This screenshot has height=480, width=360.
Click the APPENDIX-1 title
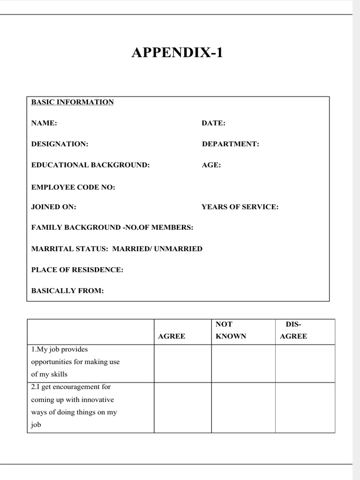pos(177,53)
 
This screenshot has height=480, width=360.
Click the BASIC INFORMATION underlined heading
pos(72,102)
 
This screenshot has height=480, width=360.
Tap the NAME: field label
pos(44,123)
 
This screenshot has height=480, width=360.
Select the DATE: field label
pos(213,123)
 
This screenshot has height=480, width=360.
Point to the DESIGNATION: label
pos(60,144)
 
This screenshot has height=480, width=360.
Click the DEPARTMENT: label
pos(230,144)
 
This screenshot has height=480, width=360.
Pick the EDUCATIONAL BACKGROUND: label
pos(90,165)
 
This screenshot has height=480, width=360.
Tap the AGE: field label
pos(211,165)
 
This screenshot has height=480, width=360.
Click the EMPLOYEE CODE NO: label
pos(73,187)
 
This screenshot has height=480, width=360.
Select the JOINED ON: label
pos(54,207)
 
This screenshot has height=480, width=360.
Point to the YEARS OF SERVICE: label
pos(240,207)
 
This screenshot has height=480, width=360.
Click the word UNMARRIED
pos(178,249)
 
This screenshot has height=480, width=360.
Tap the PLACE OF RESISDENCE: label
pos(77,270)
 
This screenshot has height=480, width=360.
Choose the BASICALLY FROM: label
pos(67,291)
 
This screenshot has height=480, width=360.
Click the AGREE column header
pos(172,336)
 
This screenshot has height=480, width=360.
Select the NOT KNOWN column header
pos(231,330)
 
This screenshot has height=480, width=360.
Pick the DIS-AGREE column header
pos(293,330)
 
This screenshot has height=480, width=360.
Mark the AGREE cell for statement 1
pos(182,363)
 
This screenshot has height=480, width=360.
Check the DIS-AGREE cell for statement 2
pos(305,407)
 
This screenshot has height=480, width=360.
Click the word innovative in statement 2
pos(97,400)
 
